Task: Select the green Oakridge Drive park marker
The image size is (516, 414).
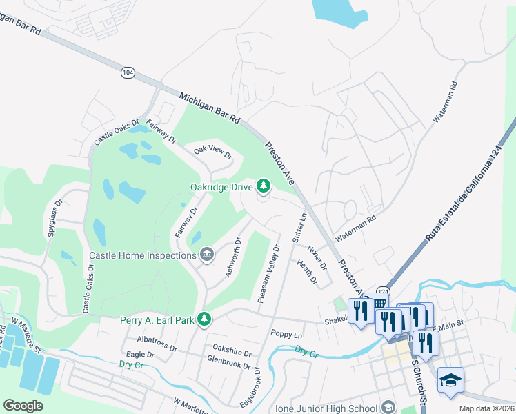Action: pos(263,185)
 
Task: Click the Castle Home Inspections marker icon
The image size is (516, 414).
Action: pos(206,255)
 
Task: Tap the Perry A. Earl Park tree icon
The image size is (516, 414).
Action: pos(204,319)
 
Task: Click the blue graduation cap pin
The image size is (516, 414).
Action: pos(450,380)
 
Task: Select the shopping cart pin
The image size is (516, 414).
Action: pos(379,305)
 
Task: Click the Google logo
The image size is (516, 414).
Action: pos(23,406)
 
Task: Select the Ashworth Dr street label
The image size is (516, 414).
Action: pos(233,257)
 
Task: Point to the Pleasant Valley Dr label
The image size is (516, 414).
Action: pos(269,274)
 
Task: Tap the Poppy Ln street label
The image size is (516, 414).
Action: pos(287,335)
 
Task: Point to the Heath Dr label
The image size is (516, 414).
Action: pos(307,272)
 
